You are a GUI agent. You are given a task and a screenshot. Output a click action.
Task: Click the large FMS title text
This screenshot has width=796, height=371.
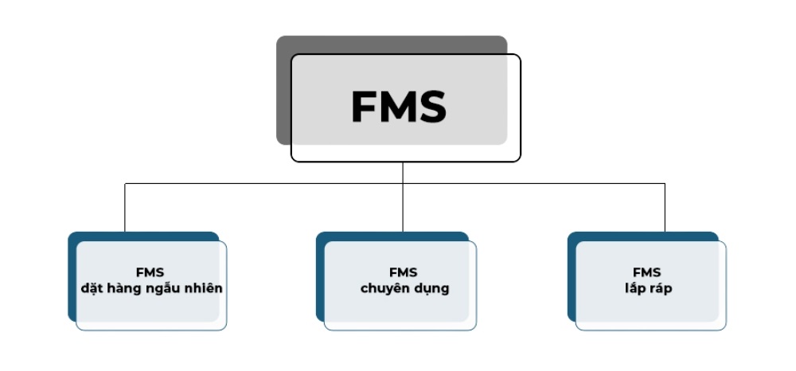(398, 107)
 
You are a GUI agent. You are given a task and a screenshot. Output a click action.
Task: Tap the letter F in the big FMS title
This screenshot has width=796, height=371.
(363, 107)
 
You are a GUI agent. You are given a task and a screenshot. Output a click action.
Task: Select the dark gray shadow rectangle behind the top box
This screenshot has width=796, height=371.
(283, 88)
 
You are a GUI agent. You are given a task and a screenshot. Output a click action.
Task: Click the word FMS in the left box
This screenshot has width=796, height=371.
(150, 272)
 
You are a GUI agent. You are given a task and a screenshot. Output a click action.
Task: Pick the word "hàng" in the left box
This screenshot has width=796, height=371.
(122, 288)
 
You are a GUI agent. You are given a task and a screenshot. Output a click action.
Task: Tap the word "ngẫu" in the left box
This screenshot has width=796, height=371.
(161, 288)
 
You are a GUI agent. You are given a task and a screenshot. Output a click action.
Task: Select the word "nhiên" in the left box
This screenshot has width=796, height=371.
(203, 288)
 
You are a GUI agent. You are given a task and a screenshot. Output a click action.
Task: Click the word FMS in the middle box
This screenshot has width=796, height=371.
(403, 272)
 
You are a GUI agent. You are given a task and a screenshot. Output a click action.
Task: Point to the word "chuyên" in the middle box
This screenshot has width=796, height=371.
(384, 288)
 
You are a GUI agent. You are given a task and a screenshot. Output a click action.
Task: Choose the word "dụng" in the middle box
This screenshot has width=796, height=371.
(430, 288)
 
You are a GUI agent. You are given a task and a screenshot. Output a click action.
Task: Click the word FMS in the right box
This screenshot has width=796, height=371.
(646, 272)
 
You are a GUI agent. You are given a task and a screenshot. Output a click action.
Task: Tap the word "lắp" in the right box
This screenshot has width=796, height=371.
(634, 288)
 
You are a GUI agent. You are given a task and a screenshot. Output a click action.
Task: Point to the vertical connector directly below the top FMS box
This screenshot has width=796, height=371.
(403, 172)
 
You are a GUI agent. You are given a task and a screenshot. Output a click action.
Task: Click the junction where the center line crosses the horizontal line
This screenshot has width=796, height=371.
(403, 184)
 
